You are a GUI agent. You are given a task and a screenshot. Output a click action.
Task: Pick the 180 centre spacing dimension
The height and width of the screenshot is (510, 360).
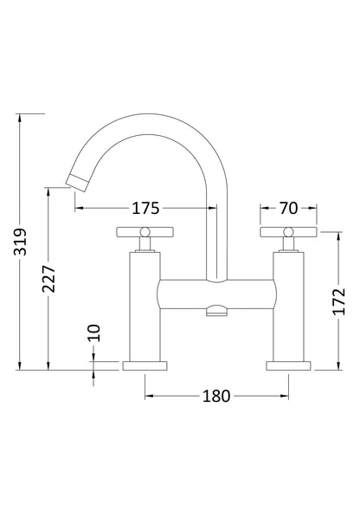pyautogui.click(x=215, y=397)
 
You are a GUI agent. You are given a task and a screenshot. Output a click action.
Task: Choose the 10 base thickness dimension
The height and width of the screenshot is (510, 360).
pyautogui.click(x=93, y=333)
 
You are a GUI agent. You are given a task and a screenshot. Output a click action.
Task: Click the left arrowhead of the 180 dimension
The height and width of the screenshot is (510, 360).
pyautogui.click(x=147, y=397)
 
